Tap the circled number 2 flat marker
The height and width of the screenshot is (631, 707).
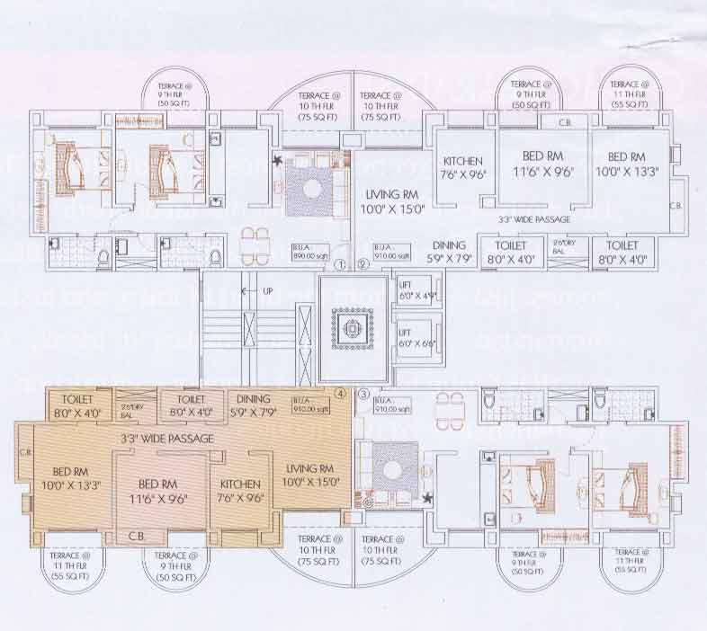click(362, 264)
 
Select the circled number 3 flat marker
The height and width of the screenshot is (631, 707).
click(362, 394)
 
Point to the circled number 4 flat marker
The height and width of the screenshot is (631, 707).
click(340, 393)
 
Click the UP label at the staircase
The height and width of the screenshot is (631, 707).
click(268, 291)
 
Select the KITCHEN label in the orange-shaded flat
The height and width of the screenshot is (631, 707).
click(240, 490)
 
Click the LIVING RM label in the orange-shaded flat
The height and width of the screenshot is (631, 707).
click(310, 474)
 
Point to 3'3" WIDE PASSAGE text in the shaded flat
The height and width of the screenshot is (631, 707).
click(166, 439)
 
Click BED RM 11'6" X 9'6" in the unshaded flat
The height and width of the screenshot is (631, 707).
click(543, 164)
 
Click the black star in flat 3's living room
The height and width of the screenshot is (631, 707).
click(428, 497)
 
